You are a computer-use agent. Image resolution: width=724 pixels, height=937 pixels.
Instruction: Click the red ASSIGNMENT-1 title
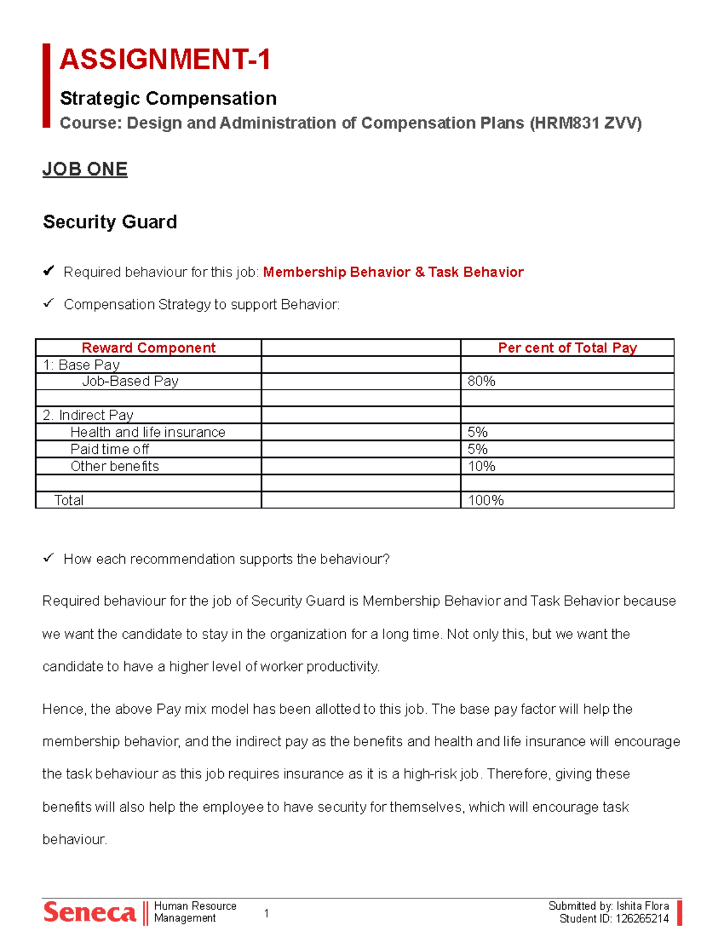click(165, 60)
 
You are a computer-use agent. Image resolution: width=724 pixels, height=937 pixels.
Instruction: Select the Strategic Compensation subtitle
click(168, 98)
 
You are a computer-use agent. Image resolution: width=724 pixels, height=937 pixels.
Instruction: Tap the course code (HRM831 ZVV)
click(585, 123)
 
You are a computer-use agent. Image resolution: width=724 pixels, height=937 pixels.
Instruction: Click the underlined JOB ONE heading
click(85, 169)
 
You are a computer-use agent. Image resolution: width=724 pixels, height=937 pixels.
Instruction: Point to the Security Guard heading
click(110, 222)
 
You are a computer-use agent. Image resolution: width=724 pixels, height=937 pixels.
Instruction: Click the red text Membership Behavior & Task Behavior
click(393, 272)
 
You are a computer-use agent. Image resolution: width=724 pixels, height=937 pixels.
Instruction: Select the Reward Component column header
click(148, 348)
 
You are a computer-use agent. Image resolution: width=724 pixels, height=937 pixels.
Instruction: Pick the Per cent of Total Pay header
click(567, 348)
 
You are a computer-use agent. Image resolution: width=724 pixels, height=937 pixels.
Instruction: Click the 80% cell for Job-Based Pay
click(481, 381)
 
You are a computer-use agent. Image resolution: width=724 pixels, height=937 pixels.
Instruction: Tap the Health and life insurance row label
click(148, 432)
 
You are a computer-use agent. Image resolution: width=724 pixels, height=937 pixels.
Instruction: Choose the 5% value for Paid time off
click(478, 449)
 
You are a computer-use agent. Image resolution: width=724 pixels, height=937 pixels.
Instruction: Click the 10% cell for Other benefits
click(481, 466)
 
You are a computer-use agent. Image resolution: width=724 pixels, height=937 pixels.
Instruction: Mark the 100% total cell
click(486, 500)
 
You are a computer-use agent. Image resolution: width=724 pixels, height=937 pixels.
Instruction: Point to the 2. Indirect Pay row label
click(88, 415)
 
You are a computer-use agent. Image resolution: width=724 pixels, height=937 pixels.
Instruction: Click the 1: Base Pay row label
click(81, 364)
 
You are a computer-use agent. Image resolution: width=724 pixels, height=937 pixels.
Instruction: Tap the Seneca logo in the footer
click(90, 912)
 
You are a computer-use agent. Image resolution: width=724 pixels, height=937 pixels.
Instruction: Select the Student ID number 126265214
click(642, 919)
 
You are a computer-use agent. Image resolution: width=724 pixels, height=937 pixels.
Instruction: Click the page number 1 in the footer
click(267, 913)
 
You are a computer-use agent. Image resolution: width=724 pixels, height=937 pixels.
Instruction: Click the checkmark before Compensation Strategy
click(48, 303)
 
